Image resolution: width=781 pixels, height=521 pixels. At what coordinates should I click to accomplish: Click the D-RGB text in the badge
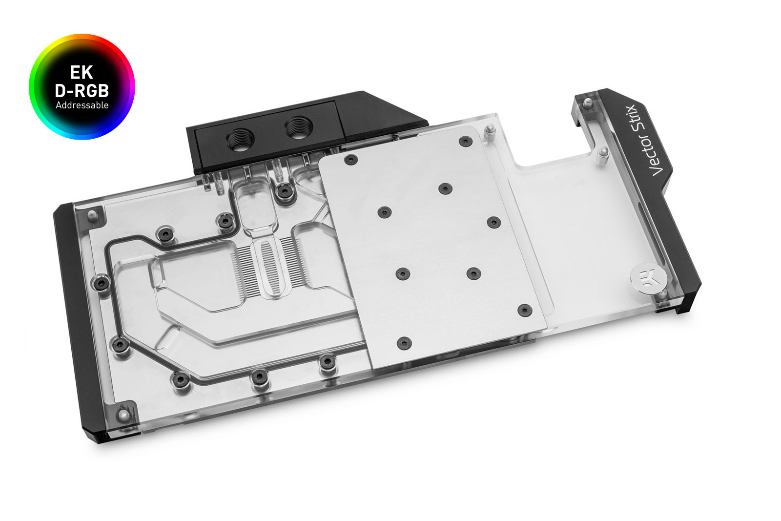[x=82, y=90]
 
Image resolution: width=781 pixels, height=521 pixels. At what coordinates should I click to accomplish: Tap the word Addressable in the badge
[x=82, y=105]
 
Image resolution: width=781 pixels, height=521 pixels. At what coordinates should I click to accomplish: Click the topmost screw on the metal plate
[x=465, y=142]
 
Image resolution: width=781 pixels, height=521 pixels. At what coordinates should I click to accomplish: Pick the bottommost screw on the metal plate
[x=403, y=343]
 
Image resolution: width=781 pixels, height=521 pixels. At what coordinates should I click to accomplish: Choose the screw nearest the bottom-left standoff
[x=180, y=377]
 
